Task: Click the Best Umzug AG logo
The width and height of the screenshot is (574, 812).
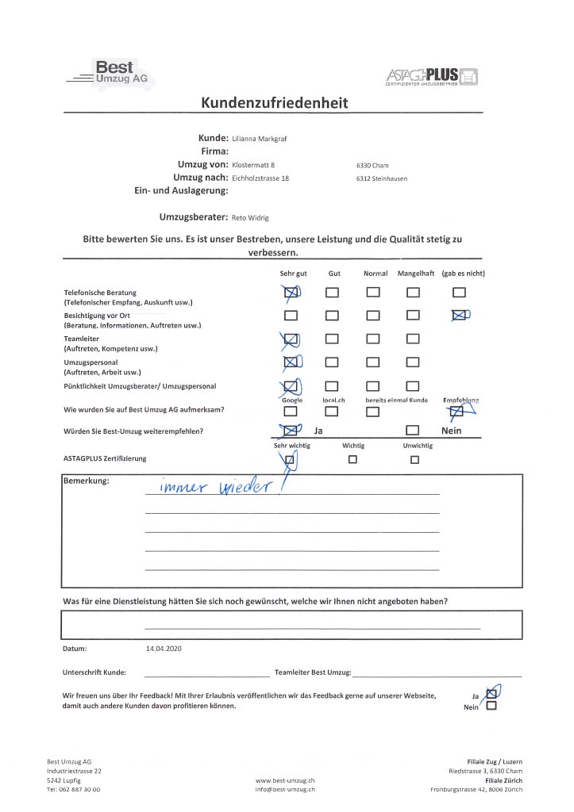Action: [x=111, y=73]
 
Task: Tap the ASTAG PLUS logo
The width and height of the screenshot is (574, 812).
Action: [x=433, y=77]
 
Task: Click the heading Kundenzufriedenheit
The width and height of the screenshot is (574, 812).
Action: [x=275, y=103]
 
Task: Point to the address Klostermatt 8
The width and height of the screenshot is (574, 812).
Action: [x=253, y=165]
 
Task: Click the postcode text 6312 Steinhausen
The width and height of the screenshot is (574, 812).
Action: [x=382, y=178]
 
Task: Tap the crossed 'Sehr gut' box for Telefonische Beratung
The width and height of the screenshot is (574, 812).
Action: [x=291, y=293]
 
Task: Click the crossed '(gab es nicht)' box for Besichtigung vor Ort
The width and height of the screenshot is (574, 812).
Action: [x=458, y=316]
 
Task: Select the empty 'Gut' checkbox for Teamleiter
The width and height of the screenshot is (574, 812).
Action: [x=332, y=339]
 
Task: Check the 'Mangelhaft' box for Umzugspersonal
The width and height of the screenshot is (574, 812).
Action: [x=412, y=363]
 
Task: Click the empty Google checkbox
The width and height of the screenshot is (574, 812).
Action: [x=291, y=412]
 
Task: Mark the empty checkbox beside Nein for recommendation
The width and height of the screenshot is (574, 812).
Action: [x=412, y=431]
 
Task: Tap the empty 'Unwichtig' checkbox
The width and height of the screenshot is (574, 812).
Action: [x=414, y=459]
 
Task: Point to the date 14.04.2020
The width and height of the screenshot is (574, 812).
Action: [x=164, y=649]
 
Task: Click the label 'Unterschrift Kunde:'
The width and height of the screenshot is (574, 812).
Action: [x=94, y=672]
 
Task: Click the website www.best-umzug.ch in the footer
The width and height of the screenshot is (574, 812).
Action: [x=286, y=780]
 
